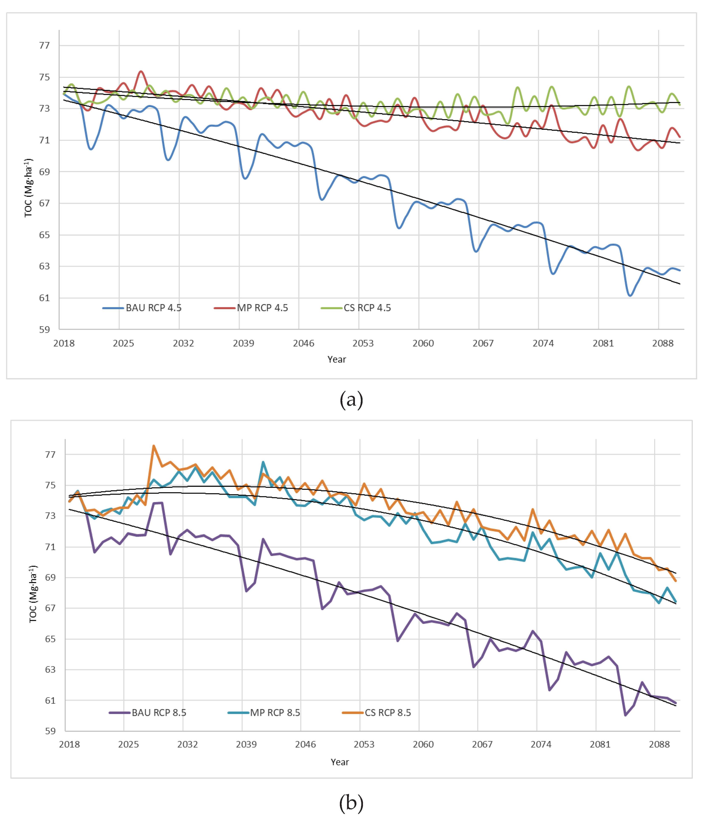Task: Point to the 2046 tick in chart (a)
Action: pyautogui.click(x=304, y=343)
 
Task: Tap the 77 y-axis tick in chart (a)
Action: pyautogui.click(x=44, y=46)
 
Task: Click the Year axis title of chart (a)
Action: pyautogui.click(x=337, y=359)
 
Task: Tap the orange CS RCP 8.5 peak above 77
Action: pyautogui.click(x=154, y=446)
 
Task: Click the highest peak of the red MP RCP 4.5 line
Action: pyautogui.click(x=141, y=72)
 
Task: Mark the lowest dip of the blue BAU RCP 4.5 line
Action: pyautogui.click(x=630, y=295)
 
